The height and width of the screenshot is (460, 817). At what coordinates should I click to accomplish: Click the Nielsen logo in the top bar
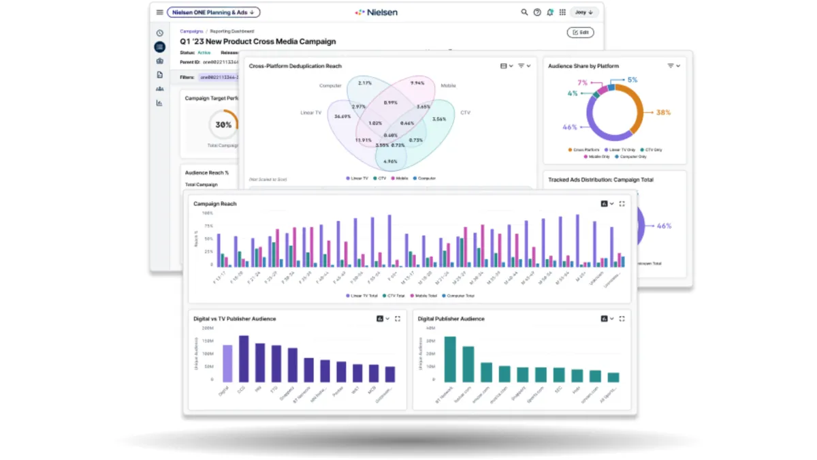(376, 12)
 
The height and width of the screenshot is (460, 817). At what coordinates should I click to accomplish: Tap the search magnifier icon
(524, 12)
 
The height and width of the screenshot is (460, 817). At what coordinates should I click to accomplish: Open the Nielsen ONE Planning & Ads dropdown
(213, 12)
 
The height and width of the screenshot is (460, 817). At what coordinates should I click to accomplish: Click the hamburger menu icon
(159, 12)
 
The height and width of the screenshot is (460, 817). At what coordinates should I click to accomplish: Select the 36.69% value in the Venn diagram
(342, 117)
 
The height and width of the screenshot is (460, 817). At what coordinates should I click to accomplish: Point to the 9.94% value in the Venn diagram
(417, 83)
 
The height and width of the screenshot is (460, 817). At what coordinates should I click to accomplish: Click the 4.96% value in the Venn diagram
(390, 162)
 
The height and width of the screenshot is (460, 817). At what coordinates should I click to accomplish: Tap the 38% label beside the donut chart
(663, 112)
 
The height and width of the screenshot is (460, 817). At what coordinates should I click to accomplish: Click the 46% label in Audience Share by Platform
(569, 127)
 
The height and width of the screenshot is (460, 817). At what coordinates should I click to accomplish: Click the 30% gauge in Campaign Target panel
(223, 125)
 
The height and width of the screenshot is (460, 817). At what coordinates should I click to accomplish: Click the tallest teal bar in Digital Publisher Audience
(450, 359)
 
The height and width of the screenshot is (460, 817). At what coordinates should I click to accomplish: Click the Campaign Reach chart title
(215, 204)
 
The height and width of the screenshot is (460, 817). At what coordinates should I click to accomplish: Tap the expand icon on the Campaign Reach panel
(622, 204)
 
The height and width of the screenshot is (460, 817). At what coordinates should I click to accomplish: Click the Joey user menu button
(583, 12)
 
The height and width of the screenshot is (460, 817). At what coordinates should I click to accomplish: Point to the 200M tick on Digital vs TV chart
(208, 328)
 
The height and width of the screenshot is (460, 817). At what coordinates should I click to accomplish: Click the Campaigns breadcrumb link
(191, 31)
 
